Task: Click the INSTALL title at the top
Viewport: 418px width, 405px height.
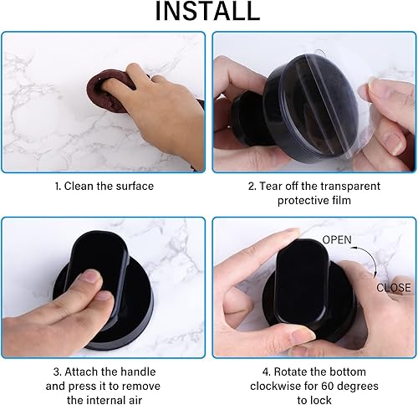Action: coord(207,11)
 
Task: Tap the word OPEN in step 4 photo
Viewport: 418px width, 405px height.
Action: coord(337,240)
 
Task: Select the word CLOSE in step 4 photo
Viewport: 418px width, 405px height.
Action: coord(394,288)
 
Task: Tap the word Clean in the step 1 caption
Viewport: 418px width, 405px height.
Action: coord(79,186)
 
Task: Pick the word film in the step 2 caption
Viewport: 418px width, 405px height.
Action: coord(342,200)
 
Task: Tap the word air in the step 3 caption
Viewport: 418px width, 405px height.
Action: coord(135,400)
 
